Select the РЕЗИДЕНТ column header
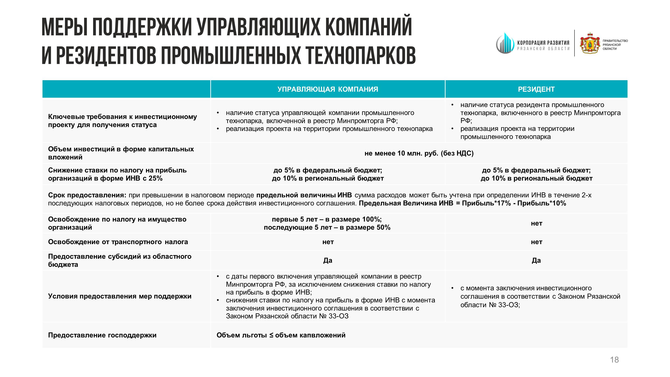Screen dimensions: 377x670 (536, 89)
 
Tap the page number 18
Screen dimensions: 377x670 (614, 360)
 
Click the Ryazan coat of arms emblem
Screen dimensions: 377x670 (590, 43)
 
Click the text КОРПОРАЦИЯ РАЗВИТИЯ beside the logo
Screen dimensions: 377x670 (543, 43)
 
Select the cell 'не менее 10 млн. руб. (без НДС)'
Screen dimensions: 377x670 (419, 153)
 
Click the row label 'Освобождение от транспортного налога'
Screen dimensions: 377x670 (118, 242)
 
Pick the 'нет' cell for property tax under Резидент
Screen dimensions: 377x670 (536, 223)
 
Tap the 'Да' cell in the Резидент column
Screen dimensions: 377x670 (536, 261)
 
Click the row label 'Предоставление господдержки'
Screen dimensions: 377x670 (102, 335)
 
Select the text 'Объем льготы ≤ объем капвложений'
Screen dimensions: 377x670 (281, 335)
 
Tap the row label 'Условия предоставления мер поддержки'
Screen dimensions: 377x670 (120, 296)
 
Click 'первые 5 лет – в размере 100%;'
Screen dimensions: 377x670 (327, 219)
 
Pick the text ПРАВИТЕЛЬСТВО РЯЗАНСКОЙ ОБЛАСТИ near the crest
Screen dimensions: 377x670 (615, 45)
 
